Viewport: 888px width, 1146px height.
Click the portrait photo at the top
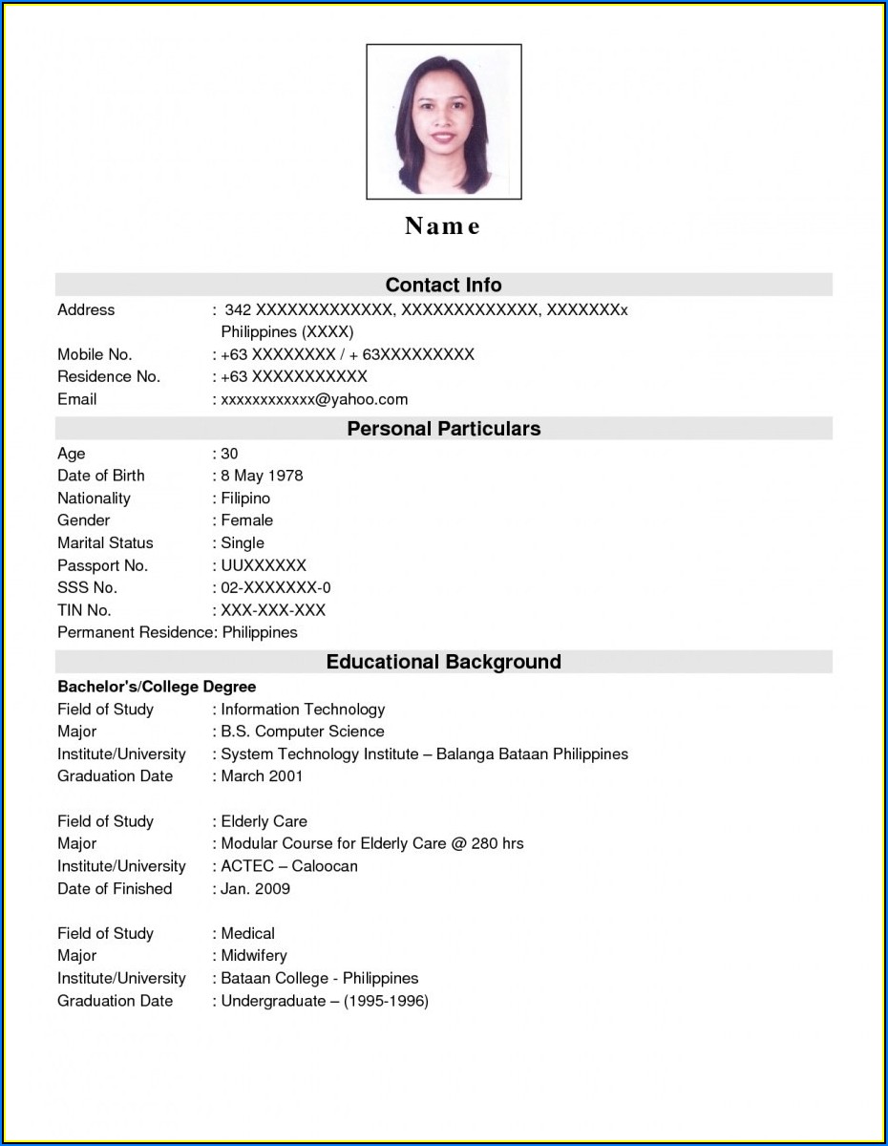[x=444, y=121]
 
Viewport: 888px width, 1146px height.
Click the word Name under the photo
[x=443, y=226]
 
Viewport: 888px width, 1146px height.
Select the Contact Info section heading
[x=443, y=285]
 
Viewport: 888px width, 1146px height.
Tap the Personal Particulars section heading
[x=443, y=429]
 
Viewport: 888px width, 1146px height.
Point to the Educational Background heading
[x=443, y=662]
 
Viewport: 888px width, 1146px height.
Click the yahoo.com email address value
[x=314, y=399]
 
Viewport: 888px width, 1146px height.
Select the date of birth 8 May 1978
[x=262, y=476]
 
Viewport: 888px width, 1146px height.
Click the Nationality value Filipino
[x=245, y=499]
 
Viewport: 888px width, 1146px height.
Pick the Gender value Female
[x=246, y=520]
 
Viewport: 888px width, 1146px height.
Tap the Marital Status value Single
[x=243, y=543]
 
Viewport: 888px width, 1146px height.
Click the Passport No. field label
[x=102, y=565]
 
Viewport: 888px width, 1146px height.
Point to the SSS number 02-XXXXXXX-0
[x=275, y=588]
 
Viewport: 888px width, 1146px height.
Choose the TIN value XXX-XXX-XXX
[x=273, y=610]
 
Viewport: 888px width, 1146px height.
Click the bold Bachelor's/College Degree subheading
[x=157, y=687]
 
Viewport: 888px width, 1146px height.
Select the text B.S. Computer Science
[x=302, y=732]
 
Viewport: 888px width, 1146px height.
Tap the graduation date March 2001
[x=262, y=776]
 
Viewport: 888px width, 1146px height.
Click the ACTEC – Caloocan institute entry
[x=288, y=866]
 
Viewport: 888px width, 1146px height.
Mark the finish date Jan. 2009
[x=255, y=889]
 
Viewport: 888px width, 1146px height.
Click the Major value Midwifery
[x=254, y=956]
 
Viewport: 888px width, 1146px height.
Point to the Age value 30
[x=229, y=454]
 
